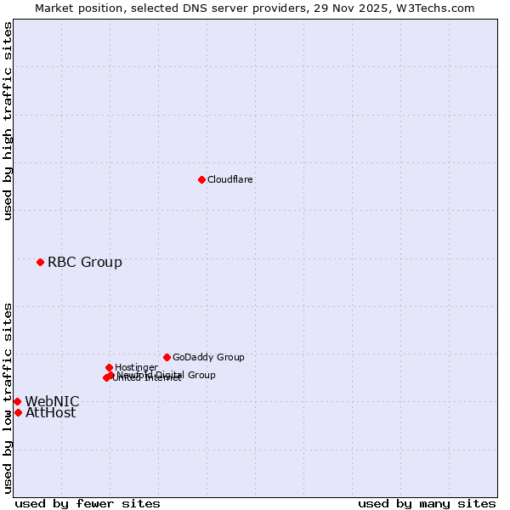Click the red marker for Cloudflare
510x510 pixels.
click(x=201, y=179)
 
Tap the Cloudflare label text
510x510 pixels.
click(x=230, y=179)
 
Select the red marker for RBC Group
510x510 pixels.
click(x=40, y=262)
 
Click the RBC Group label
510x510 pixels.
click(x=85, y=262)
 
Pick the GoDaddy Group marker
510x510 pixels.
click(x=167, y=357)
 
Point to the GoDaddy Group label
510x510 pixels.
click(x=208, y=357)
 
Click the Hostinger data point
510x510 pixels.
click(x=109, y=367)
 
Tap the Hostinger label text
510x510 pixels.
click(x=136, y=367)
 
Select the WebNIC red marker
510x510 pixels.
click(x=17, y=401)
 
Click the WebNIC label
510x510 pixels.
click(x=52, y=401)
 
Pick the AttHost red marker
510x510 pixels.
click(x=18, y=412)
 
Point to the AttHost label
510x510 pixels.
click(x=50, y=412)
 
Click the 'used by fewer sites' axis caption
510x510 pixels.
click(x=88, y=503)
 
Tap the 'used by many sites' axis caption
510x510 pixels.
click(x=427, y=503)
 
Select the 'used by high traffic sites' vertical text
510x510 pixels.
click(x=8, y=121)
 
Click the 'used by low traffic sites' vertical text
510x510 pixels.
click(x=8, y=398)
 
